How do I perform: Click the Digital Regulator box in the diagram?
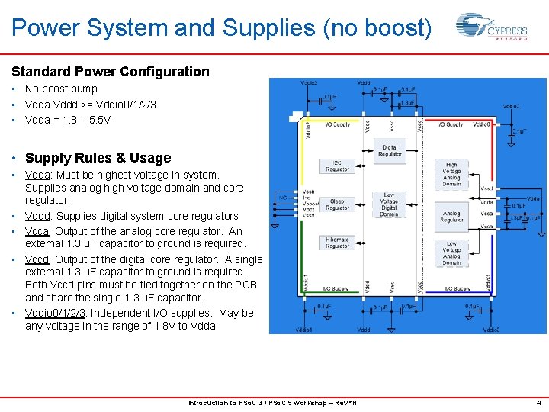click(x=390, y=150)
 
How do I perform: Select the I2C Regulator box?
click(x=337, y=166)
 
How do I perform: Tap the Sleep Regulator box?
click(x=337, y=204)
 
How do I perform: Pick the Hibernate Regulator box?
click(x=337, y=242)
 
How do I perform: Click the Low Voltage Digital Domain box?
click(x=389, y=204)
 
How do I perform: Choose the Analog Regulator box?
click(x=451, y=217)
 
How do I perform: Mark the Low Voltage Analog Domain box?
click(x=451, y=253)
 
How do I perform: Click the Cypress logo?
click(x=491, y=28)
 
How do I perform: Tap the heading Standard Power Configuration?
click(x=110, y=72)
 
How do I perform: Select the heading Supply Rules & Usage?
click(x=98, y=158)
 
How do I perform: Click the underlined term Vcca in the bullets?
click(x=38, y=231)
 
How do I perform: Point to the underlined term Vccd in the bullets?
click(x=38, y=259)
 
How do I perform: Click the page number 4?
click(x=538, y=402)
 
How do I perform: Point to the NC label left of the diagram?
click(x=282, y=198)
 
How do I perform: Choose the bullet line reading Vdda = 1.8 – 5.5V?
click(x=67, y=120)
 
